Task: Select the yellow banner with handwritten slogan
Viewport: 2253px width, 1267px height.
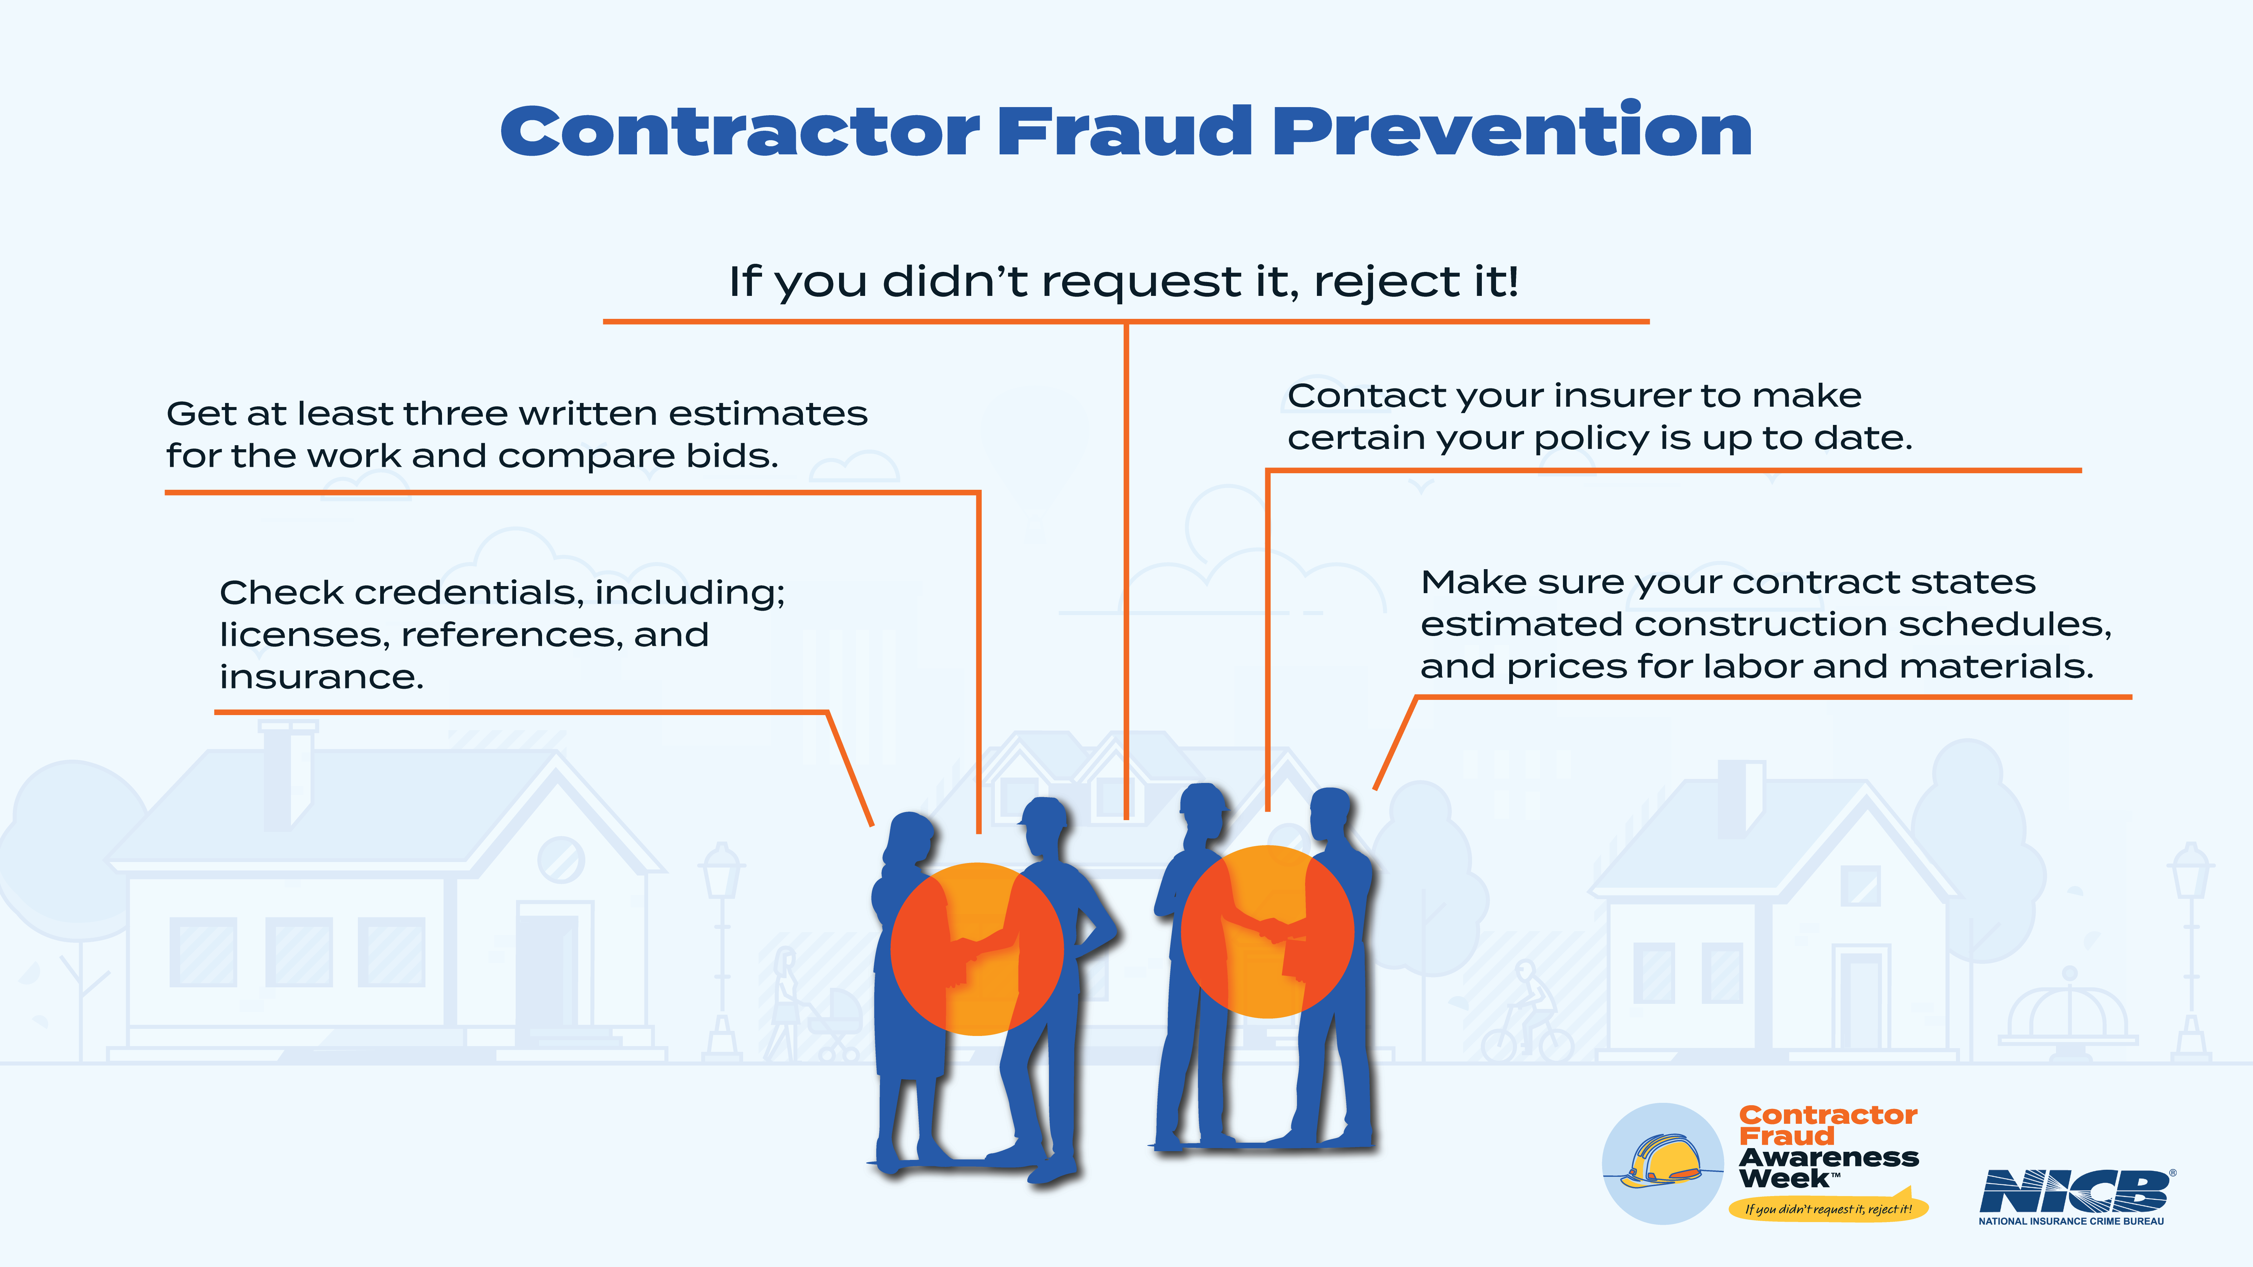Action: [x=1828, y=1208]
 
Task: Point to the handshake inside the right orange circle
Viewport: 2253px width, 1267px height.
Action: [x=1273, y=929]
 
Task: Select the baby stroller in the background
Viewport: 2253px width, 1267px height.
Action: [x=833, y=1023]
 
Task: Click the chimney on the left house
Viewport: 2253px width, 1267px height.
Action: [x=289, y=774]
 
